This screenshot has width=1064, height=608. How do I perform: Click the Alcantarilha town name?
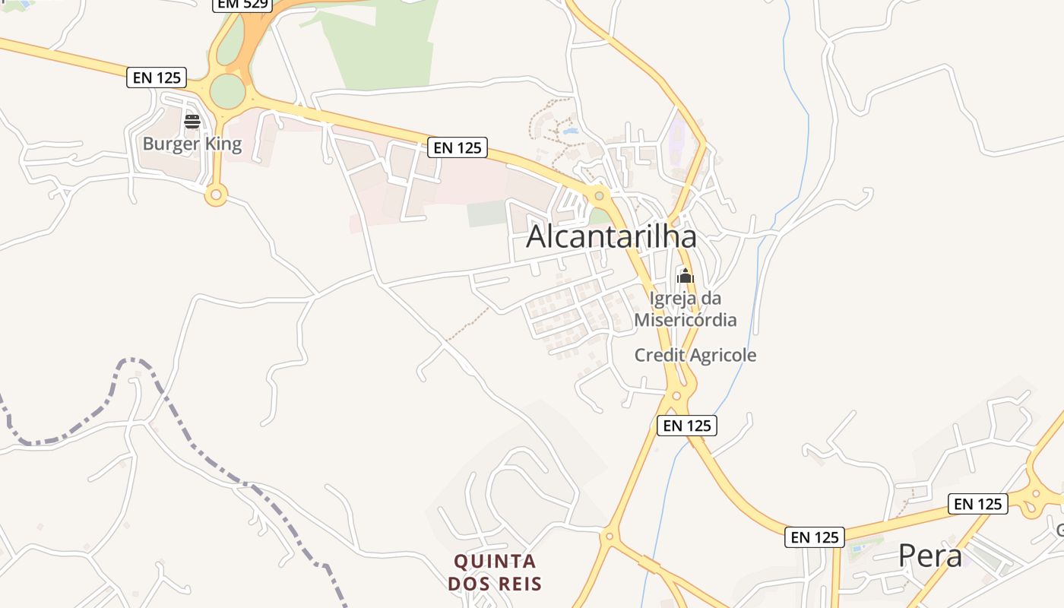[x=611, y=236]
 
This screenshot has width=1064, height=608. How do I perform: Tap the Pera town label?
[x=930, y=556]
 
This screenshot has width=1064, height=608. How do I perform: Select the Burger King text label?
[x=192, y=144]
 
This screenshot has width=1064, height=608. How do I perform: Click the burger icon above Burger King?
[x=192, y=122]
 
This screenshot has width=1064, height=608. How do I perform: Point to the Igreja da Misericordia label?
[x=686, y=309]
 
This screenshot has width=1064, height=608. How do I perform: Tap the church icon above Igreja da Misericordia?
[x=686, y=276]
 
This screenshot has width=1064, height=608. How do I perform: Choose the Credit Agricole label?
[x=695, y=355]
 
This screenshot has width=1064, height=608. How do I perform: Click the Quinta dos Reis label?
[x=495, y=572]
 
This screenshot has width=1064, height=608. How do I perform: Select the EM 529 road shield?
[x=242, y=4]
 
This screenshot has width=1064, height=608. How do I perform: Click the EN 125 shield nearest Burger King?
[x=157, y=77]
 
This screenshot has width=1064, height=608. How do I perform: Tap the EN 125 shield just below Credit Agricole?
[x=687, y=426]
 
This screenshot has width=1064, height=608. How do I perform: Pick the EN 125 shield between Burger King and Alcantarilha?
[x=457, y=147]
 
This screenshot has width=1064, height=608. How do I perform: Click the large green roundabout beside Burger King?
[x=227, y=91]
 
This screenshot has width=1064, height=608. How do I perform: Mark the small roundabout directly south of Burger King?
[x=216, y=196]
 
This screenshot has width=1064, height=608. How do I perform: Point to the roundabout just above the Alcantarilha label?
[x=600, y=196]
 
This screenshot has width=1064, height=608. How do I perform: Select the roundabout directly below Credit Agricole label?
[x=676, y=395]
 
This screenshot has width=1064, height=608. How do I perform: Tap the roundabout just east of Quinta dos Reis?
[x=608, y=536]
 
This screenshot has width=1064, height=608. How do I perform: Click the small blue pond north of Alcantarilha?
[x=571, y=131]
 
